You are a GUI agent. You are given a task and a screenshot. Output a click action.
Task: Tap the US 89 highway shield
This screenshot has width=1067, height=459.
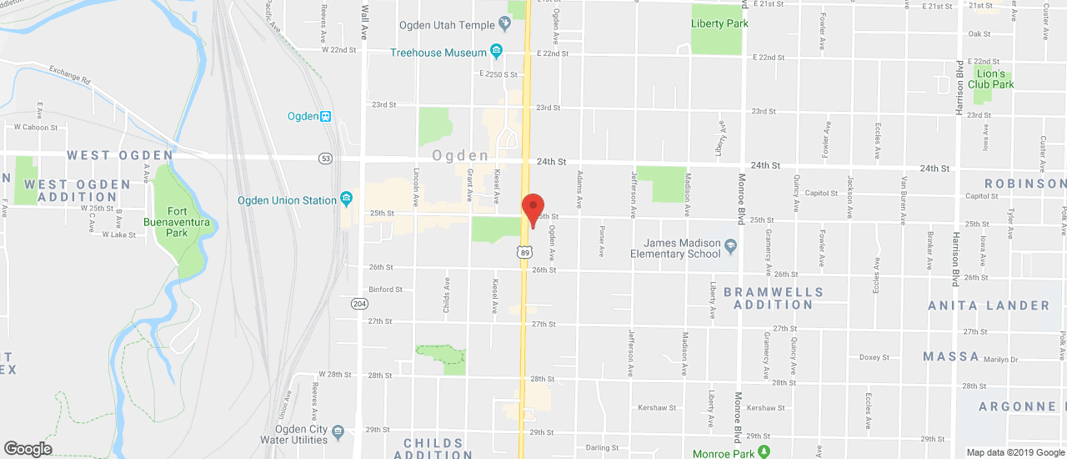[524, 251]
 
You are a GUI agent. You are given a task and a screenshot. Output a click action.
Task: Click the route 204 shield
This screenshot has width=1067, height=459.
[359, 303]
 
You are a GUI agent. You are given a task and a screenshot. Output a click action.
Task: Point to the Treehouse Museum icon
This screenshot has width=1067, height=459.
[497, 52]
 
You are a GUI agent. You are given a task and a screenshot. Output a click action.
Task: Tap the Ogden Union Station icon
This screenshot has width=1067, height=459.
[345, 199]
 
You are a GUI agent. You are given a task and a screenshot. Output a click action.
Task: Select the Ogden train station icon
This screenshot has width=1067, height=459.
[326, 116]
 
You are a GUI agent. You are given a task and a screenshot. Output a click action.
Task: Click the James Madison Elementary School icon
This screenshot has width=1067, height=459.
[731, 246]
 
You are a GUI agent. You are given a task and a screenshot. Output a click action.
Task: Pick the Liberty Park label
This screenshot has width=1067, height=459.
[719, 23]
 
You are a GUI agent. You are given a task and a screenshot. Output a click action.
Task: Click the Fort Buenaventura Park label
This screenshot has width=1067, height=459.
[177, 222]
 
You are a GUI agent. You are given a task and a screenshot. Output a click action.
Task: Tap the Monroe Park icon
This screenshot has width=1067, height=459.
[763, 453]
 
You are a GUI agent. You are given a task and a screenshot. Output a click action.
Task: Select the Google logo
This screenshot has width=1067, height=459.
[27, 449]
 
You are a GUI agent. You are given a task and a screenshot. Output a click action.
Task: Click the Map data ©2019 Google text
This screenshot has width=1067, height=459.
[1015, 453]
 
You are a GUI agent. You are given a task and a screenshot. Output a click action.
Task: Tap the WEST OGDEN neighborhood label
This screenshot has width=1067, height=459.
[120, 155]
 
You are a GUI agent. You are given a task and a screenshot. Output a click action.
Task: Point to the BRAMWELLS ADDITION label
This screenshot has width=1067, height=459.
[773, 298]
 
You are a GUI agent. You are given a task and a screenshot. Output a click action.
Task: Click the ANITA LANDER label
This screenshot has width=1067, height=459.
[989, 305]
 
